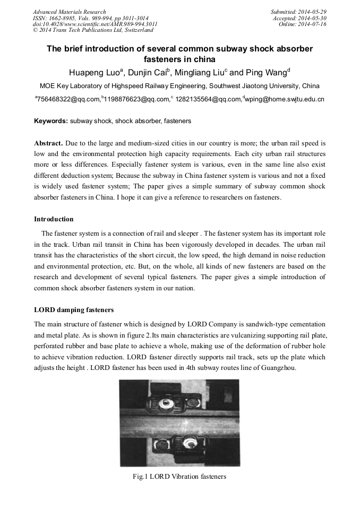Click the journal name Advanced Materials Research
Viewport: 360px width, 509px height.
pos(69,12)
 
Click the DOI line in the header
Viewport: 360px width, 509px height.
pos(95,24)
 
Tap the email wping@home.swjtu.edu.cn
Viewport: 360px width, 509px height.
pos(285,99)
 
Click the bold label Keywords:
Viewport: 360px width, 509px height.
pos(51,121)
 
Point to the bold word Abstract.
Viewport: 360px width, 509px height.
pos(48,144)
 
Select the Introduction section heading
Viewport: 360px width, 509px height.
pos(54,219)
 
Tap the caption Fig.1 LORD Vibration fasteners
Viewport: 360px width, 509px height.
pos(179,477)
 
